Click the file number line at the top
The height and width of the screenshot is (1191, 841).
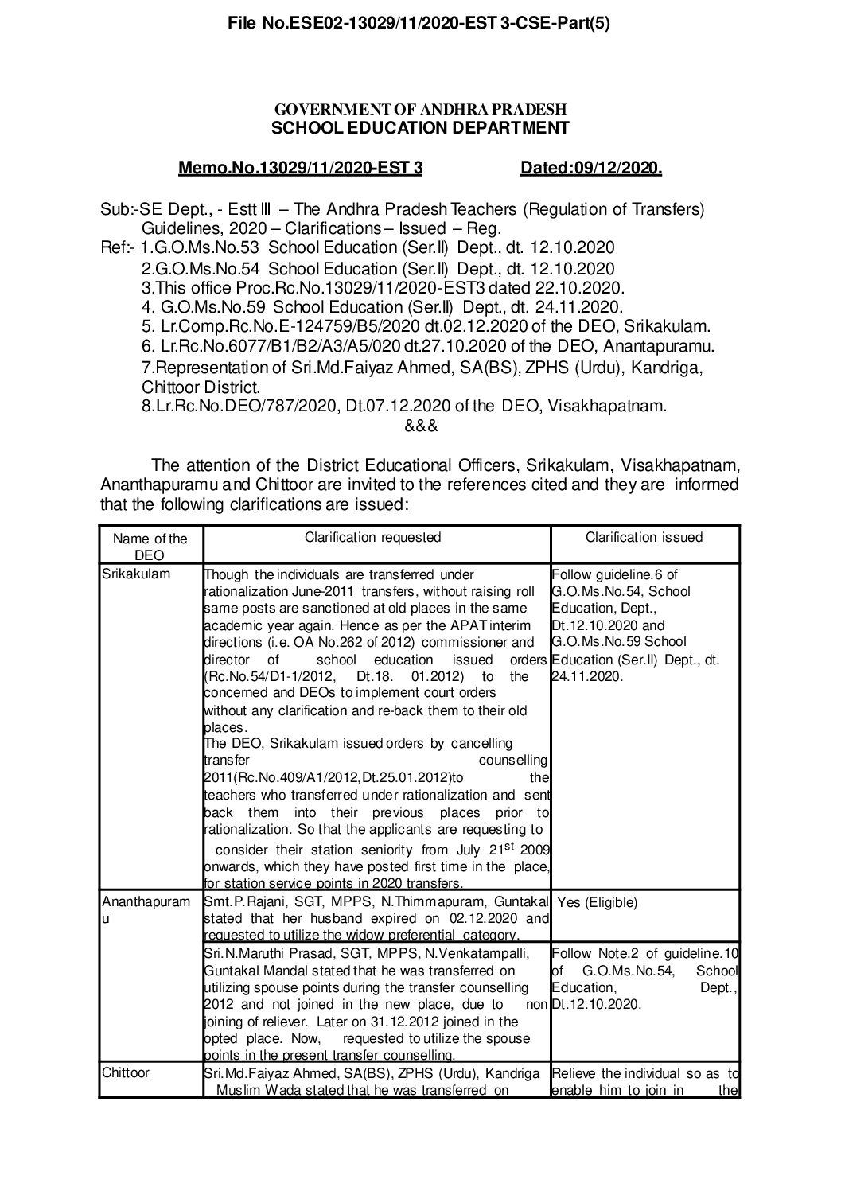(x=419, y=24)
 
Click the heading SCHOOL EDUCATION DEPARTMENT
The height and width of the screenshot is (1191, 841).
(x=420, y=128)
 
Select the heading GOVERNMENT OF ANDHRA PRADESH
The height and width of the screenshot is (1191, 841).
(x=420, y=109)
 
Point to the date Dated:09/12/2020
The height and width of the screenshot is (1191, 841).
(x=591, y=169)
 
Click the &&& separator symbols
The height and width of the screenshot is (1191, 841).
(x=421, y=426)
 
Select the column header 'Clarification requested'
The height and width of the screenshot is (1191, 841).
(x=372, y=537)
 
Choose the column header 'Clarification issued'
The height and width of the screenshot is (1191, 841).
(x=644, y=537)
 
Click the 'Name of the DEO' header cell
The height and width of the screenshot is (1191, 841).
(x=150, y=546)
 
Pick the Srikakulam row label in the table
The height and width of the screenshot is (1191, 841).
(x=136, y=574)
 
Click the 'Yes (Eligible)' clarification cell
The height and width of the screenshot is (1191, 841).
(x=597, y=903)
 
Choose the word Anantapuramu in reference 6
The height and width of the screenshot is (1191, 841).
(x=659, y=346)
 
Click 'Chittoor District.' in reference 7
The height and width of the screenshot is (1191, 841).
(x=201, y=388)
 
